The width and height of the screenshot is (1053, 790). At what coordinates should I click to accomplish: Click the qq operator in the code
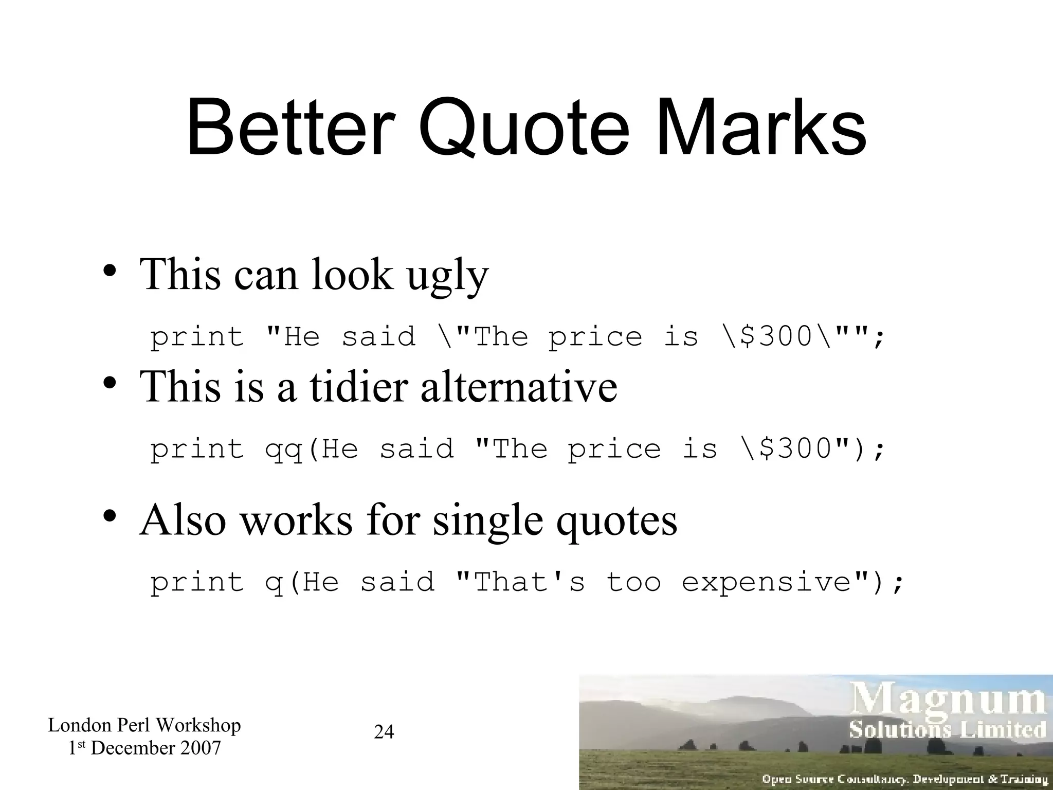(283, 450)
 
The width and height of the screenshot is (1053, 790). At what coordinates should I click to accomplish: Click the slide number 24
(384, 731)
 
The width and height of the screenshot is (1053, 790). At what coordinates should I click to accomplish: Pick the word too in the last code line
(633, 582)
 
